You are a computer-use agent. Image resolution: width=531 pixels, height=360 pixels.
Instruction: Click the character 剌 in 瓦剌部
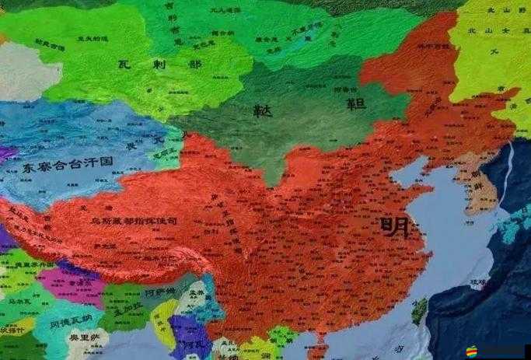[159, 65]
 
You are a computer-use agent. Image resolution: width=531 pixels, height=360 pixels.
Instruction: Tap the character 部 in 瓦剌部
[194, 65]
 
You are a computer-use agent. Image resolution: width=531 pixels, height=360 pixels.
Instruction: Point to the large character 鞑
[263, 112]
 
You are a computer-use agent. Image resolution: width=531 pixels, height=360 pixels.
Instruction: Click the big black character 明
[396, 227]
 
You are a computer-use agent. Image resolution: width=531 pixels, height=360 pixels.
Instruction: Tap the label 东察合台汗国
[68, 165]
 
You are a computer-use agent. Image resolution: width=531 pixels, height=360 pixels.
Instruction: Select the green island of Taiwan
[420, 310]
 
